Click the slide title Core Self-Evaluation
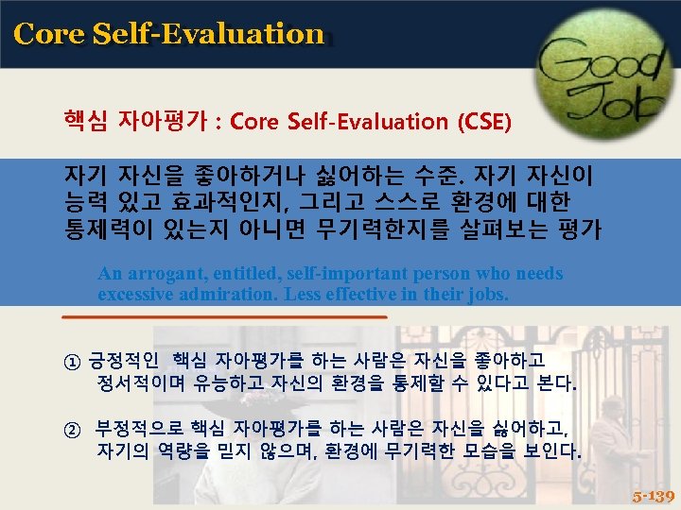click(169, 34)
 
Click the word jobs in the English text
click(486, 294)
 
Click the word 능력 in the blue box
click(84, 200)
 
